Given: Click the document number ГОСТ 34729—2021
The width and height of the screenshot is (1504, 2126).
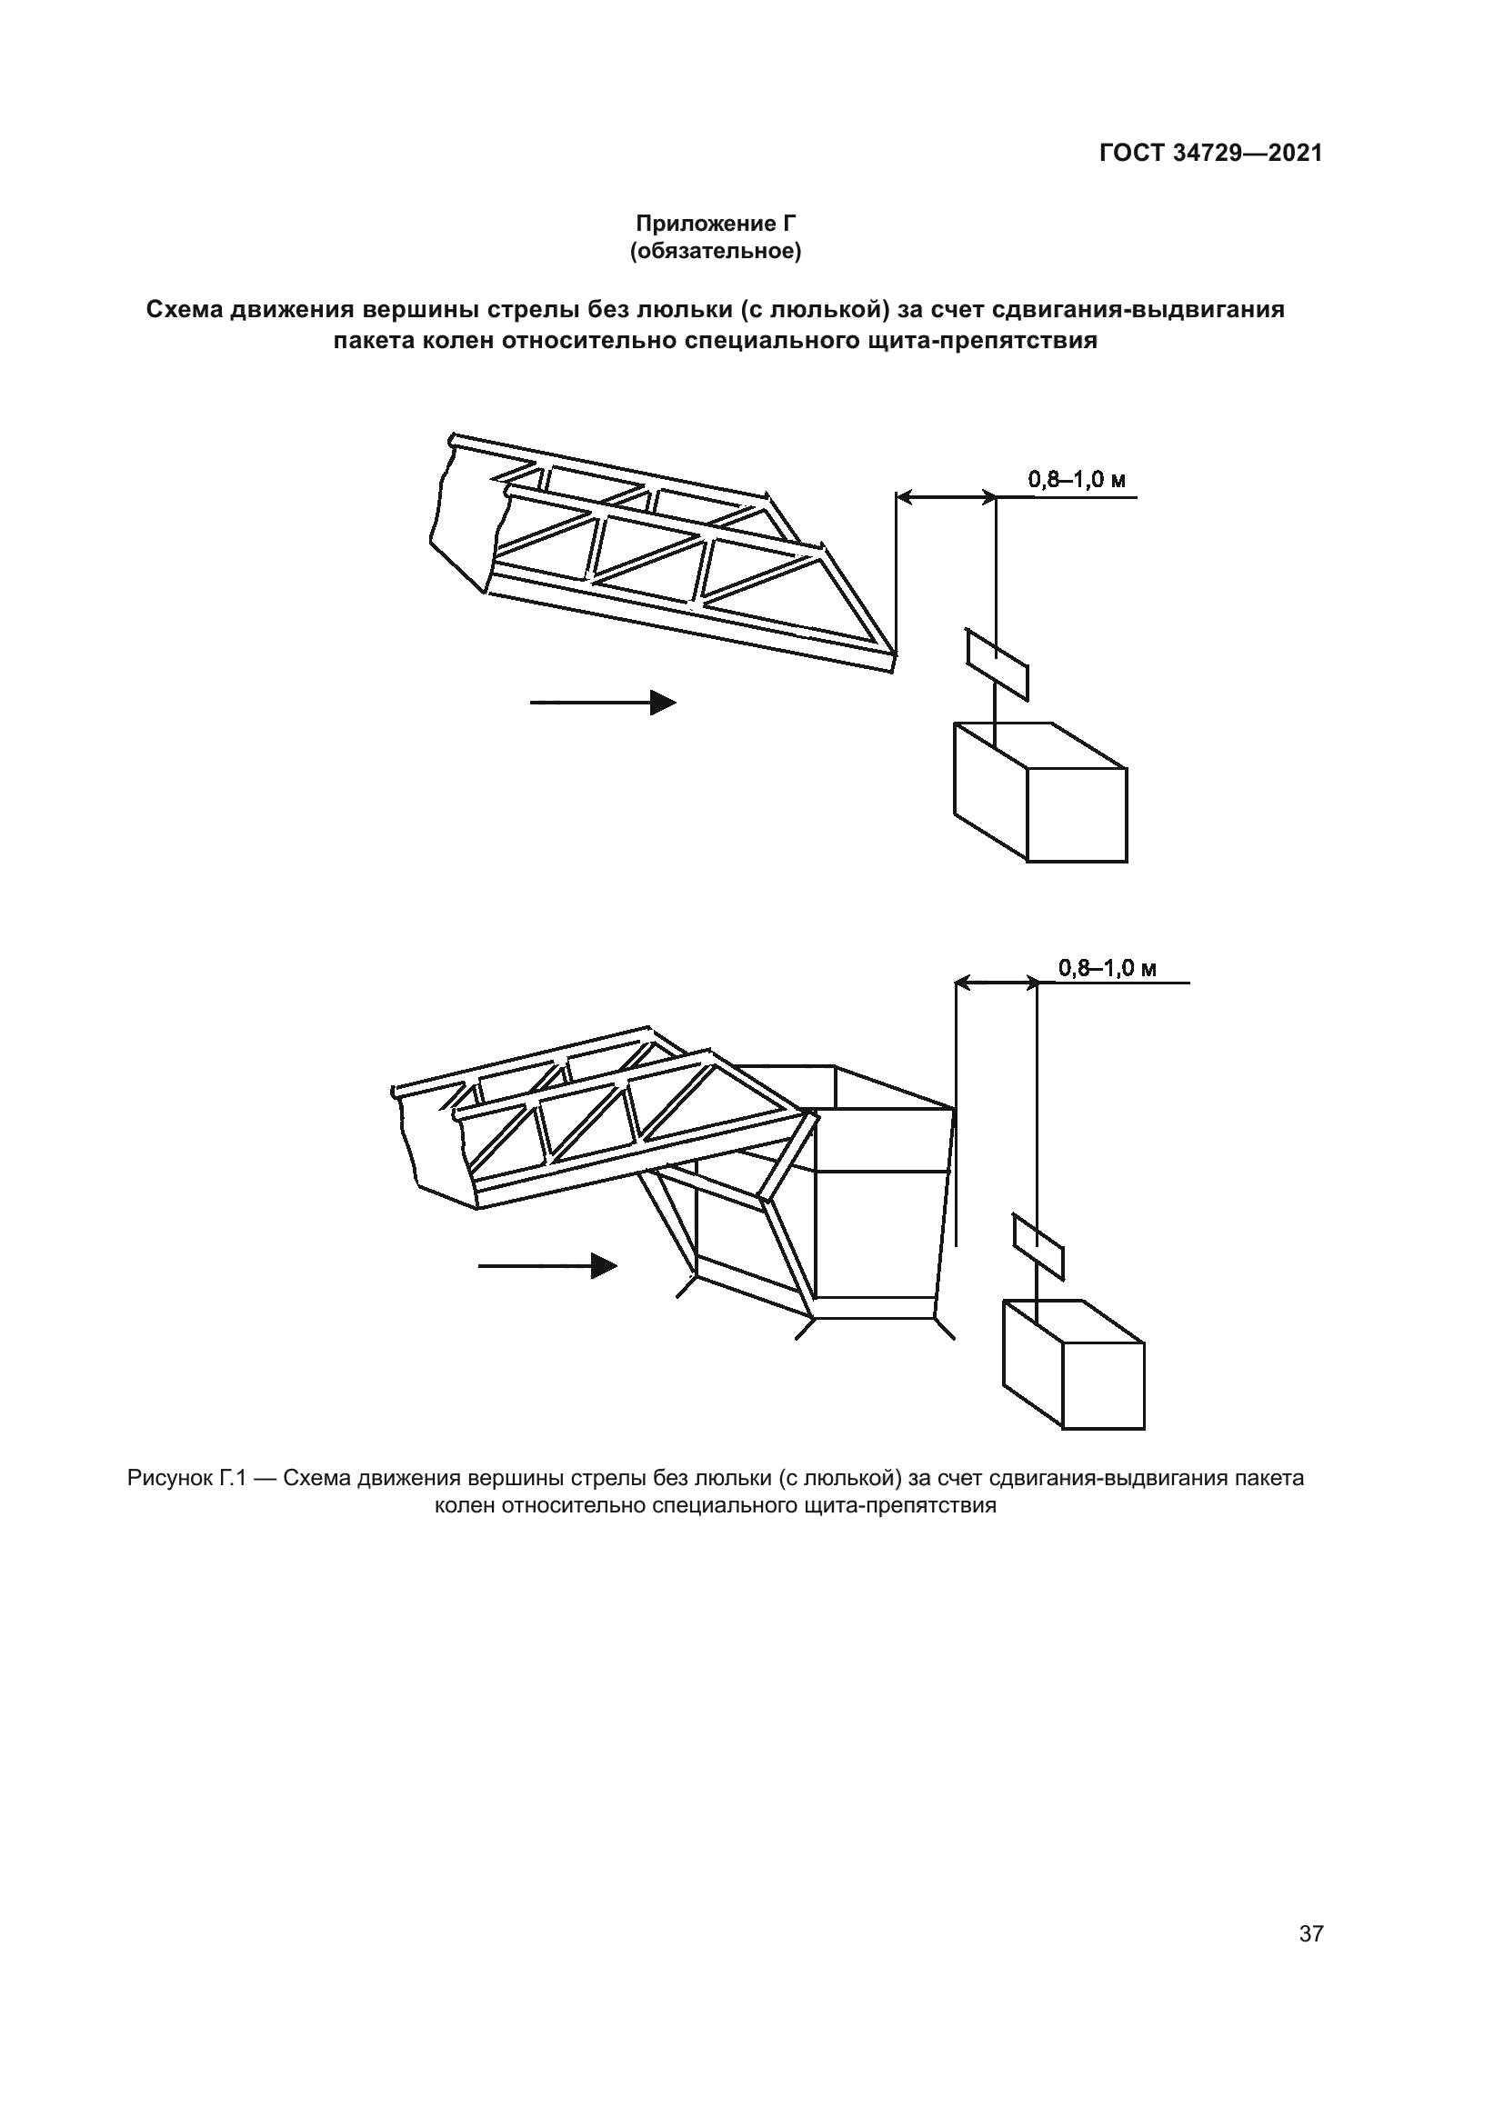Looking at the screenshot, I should (x=1210, y=154).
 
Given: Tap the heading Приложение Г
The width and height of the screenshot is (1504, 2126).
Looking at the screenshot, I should (x=715, y=224).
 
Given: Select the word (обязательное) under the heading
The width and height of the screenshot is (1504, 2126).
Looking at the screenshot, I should (x=715, y=251).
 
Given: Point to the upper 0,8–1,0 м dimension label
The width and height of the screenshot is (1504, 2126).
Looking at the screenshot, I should (x=1076, y=481).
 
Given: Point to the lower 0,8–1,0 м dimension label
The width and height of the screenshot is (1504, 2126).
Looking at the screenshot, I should (x=1108, y=969).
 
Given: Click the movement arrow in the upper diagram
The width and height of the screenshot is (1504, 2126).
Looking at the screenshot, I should (x=603, y=703).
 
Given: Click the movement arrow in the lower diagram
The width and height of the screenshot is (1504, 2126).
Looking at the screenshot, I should (x=547, y=1266).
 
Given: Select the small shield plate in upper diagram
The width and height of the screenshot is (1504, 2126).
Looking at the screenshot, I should (x=997, y=664).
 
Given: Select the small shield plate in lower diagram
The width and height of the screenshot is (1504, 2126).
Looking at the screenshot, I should (x=1038, y=1245).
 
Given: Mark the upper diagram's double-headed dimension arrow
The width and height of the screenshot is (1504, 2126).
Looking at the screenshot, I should (x=946, y=498).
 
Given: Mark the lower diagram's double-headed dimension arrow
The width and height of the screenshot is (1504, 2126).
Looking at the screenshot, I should (x=996, y=983).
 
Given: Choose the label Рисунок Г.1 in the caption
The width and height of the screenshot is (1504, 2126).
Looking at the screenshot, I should (x=185, y=1478).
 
